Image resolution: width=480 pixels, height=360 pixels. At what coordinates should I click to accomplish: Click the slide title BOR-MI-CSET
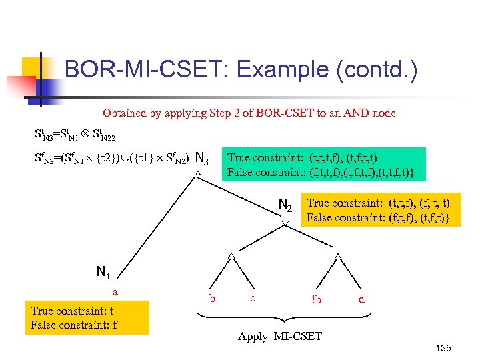241,69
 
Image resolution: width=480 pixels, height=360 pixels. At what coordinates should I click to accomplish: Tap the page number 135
442,349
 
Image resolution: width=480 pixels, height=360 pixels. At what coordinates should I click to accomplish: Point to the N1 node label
103,271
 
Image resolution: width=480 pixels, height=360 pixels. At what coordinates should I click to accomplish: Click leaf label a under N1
115,292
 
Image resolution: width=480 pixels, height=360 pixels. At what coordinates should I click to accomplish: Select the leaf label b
212,298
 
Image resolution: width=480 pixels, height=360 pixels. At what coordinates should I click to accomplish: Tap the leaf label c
253,298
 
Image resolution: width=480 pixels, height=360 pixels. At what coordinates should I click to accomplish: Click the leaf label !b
316,299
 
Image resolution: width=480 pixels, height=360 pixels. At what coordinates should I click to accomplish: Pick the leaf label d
361,299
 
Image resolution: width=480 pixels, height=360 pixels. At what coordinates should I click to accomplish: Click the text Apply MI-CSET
280,337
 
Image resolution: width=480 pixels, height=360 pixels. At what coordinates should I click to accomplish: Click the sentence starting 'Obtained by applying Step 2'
249,113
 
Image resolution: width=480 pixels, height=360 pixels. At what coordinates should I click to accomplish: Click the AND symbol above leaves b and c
231,255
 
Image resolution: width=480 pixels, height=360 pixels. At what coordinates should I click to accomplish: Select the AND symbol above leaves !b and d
338,255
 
